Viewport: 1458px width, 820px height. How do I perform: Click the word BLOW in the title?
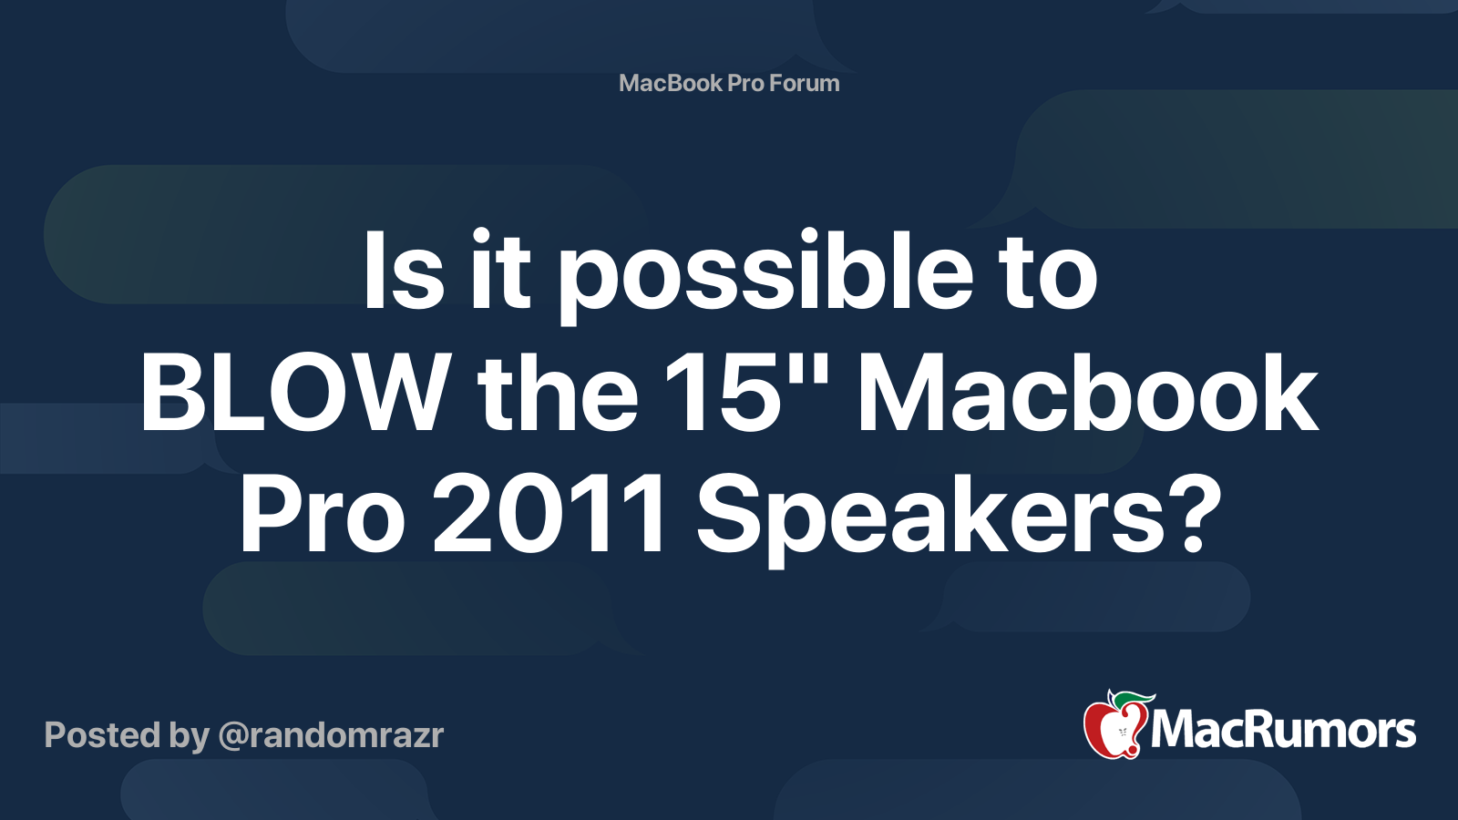(293, 394)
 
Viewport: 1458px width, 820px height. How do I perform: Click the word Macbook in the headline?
(1087, 394)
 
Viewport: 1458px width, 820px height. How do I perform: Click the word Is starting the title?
(404, 273)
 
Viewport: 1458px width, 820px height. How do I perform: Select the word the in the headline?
(558, 394)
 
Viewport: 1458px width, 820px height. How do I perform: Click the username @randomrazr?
(330, 735)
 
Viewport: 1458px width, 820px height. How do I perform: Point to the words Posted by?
(127, 735)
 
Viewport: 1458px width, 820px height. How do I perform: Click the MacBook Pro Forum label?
(729, 83)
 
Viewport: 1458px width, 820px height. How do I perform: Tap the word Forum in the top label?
(804, 83)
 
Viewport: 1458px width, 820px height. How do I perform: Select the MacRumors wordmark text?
(1283, 731)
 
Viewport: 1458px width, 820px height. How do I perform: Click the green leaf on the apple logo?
(1131, 700)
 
